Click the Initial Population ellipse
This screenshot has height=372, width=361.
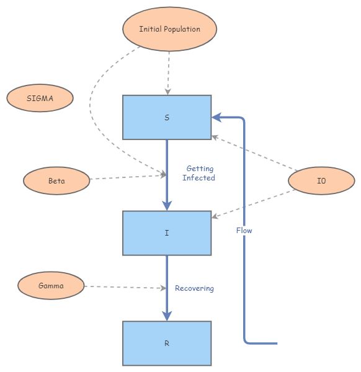tap(169, 29)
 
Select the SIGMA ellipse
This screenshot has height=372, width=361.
tap(40, 98)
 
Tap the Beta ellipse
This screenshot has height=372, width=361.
tap(56, 182)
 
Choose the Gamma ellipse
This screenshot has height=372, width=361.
tap(50, 286)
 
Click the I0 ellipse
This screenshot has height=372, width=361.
tap(321, 182)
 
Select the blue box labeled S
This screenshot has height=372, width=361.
tap(167, 117)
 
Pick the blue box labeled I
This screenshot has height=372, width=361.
tap(167, 233)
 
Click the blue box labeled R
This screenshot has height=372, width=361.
tap(167, 343)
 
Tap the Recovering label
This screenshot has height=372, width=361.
tap(194, 288)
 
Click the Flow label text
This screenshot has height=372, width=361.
tap(244, 231)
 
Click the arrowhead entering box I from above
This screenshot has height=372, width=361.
tap(167, 205)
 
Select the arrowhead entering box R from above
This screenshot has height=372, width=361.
tap(167, 315)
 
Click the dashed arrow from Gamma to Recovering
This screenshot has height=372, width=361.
tap(124, 287)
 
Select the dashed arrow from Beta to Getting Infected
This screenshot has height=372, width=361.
tap(127, 177)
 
